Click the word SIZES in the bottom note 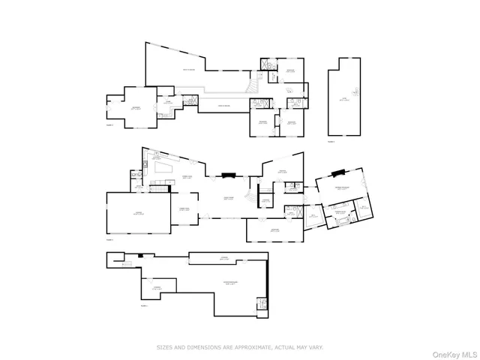pos(163,346)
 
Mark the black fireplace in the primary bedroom pos(338,172)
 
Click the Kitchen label pos(156,157)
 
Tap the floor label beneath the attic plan pos(331,141)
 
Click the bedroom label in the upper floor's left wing pos(136,109)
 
